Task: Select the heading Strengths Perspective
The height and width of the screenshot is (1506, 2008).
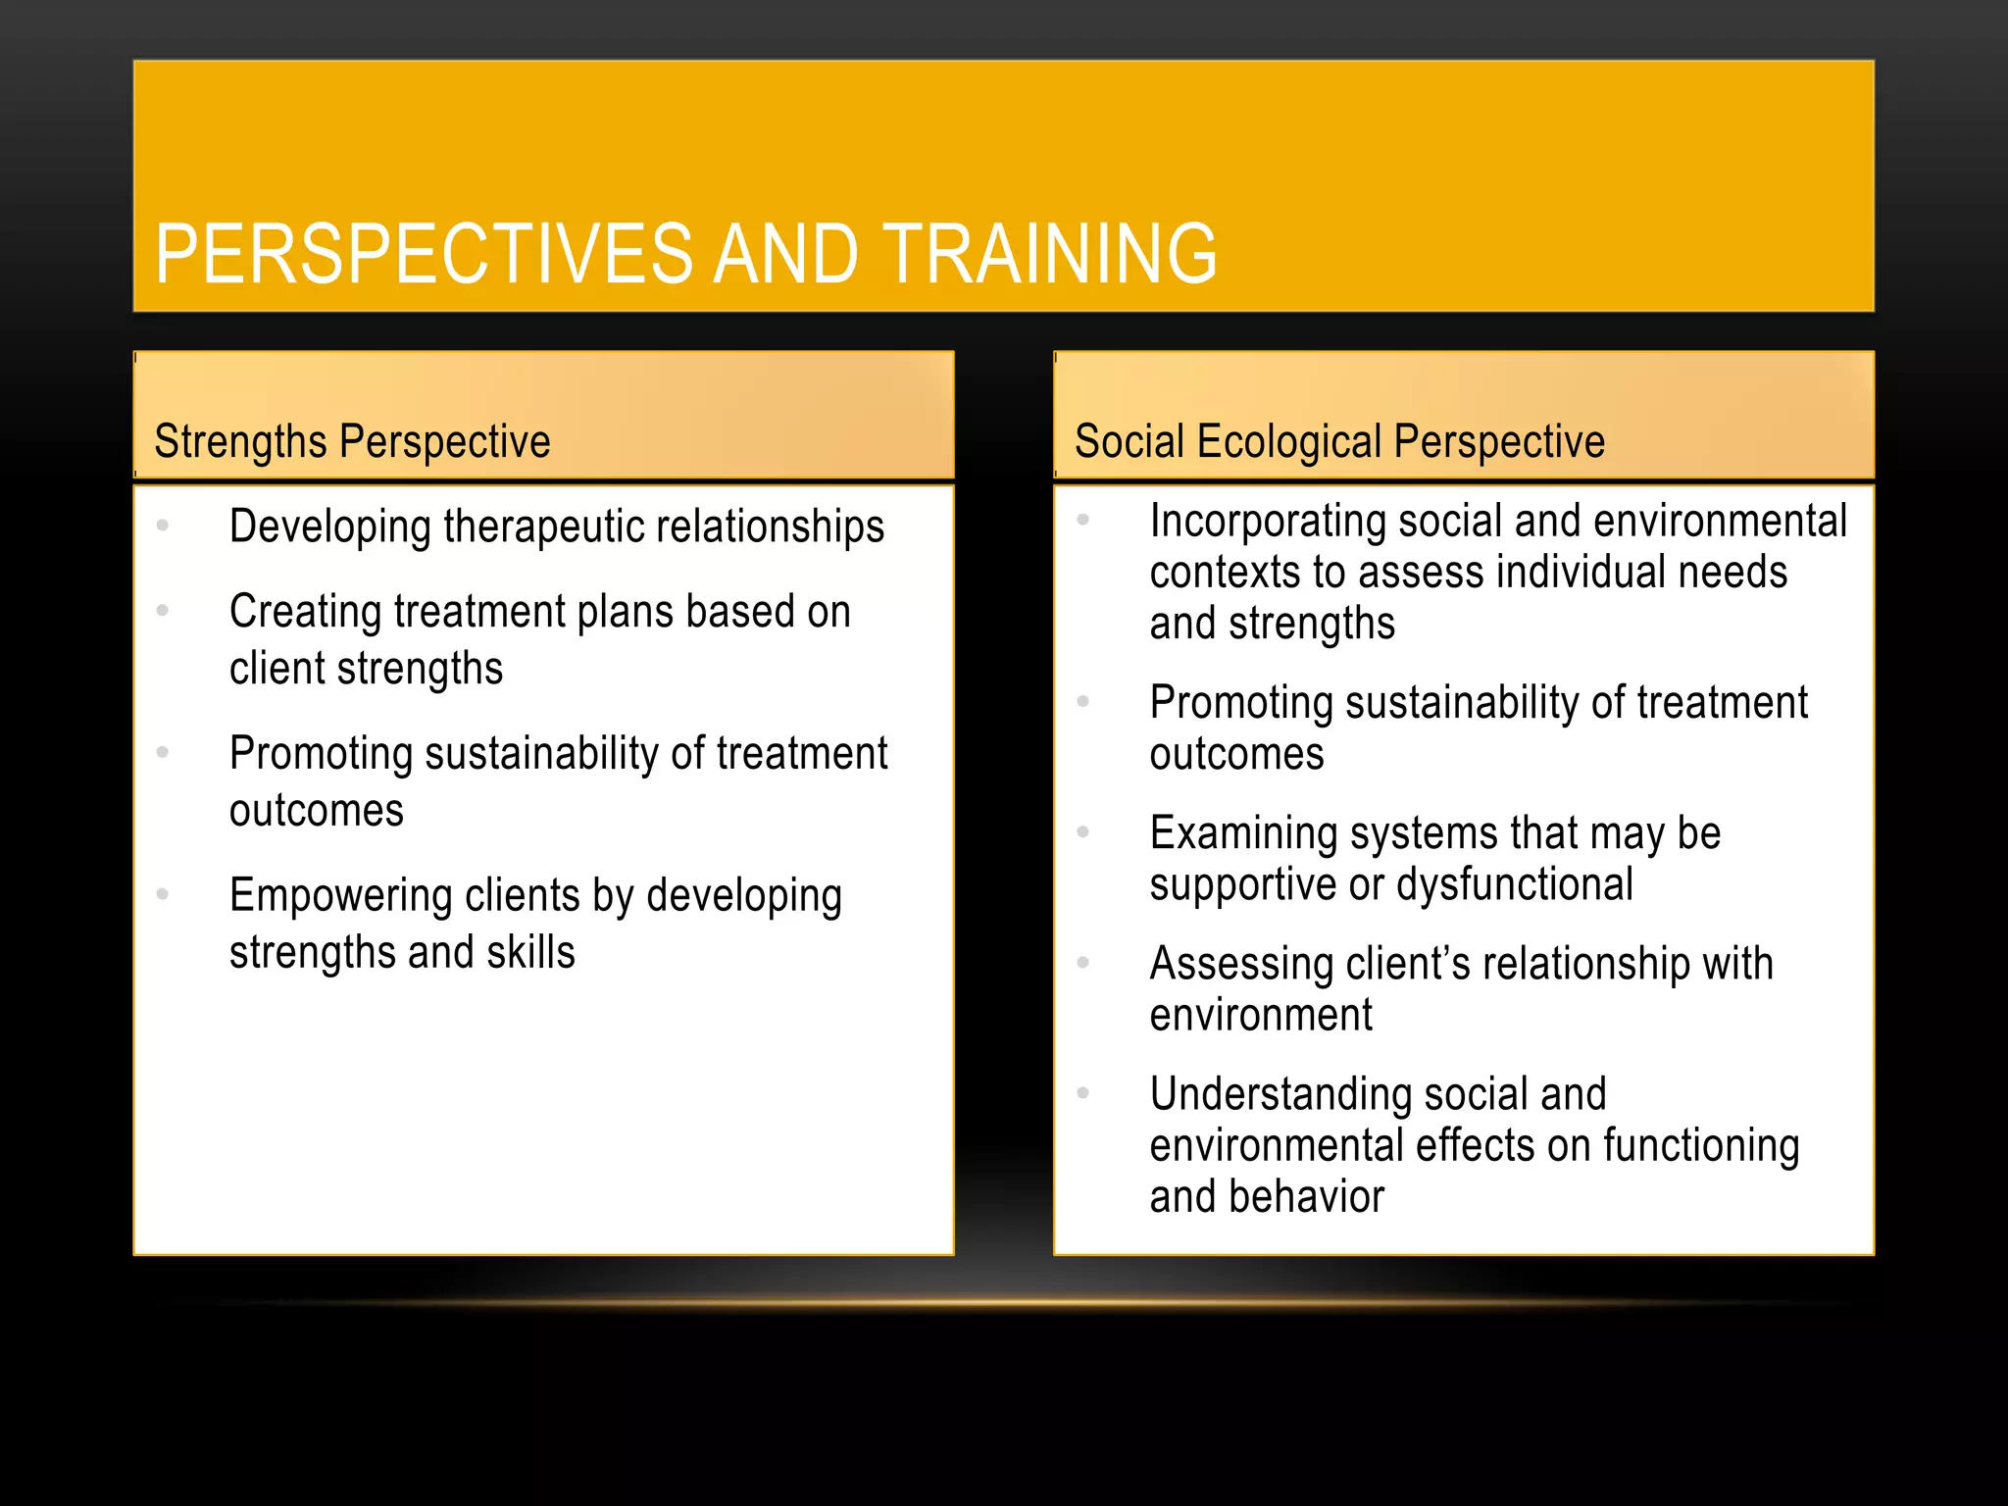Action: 352,441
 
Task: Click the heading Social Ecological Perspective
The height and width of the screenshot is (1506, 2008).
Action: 1339,441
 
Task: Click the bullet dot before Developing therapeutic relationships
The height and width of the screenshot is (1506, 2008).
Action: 163,526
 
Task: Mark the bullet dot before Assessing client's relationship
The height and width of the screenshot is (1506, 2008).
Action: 1083,962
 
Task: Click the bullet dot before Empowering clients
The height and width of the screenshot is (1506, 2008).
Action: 163,894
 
